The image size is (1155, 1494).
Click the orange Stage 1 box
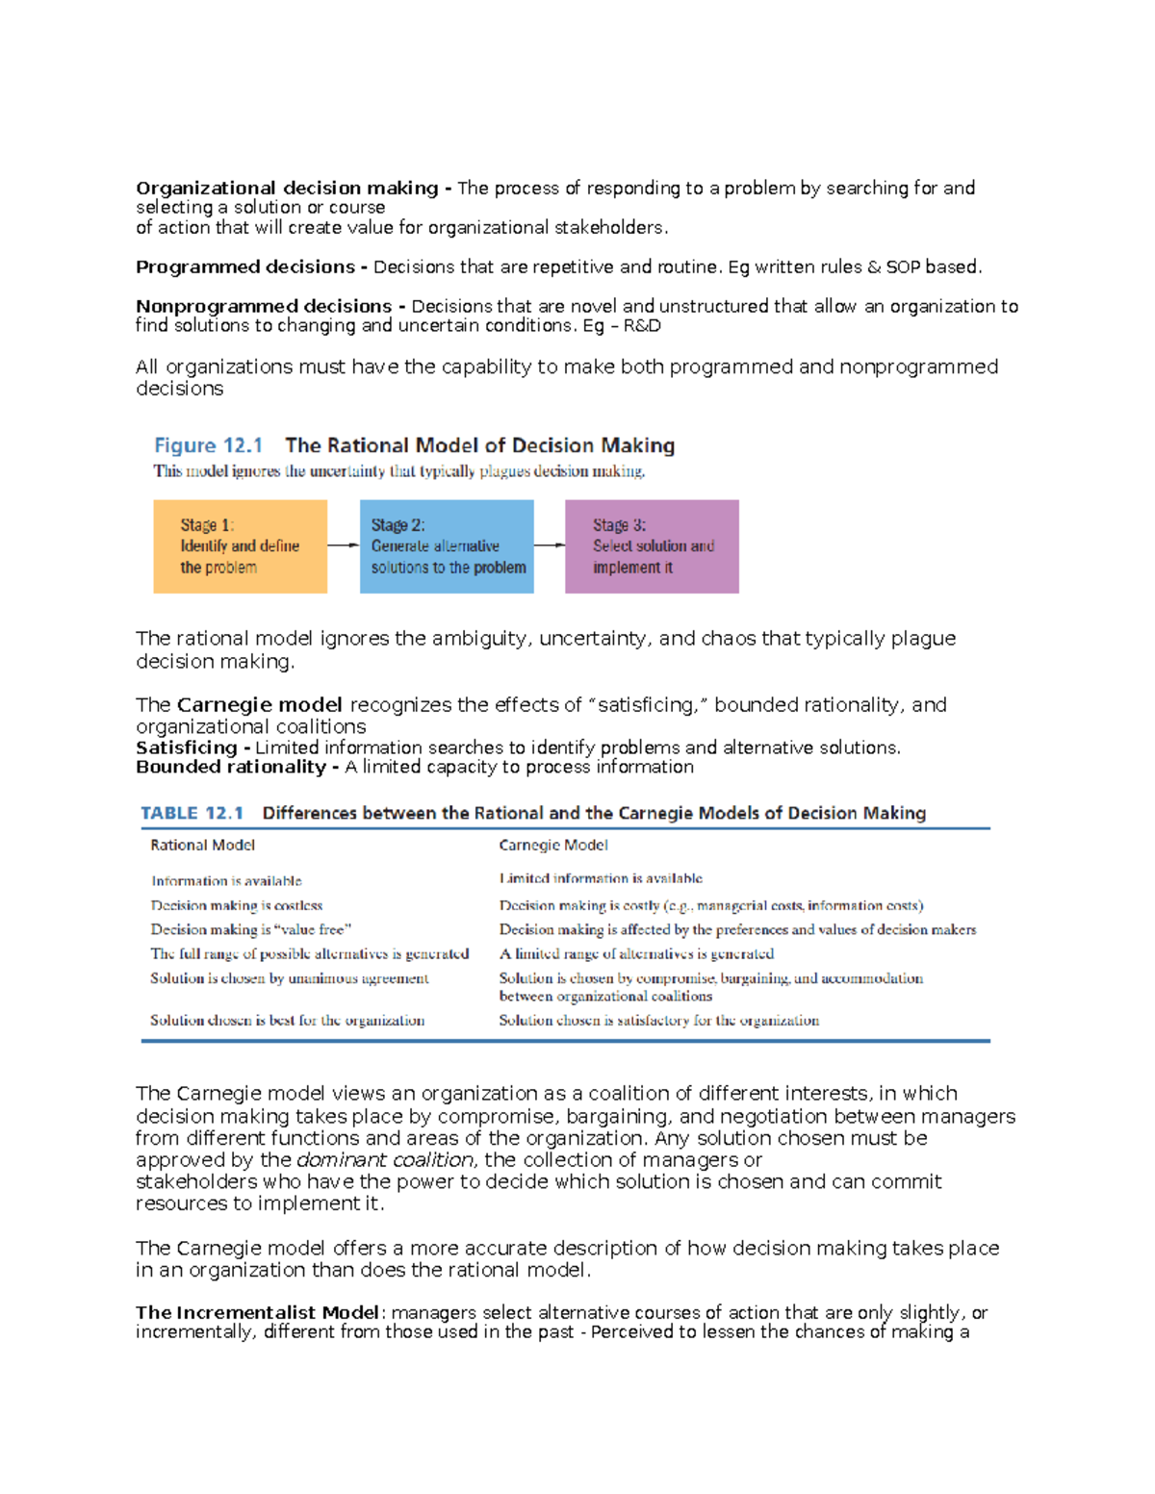click(x=240, y=546)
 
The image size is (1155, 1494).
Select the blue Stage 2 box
click(x=447, y=546)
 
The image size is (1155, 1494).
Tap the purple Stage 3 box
click(x=652, y=546)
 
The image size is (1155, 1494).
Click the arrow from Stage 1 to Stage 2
click(x=344, y=545)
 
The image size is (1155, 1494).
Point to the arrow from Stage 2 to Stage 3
click(x=550, y=545)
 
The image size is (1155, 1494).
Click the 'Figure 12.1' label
click(x=208, y=445)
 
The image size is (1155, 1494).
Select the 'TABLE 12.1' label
click(x=192, y=813)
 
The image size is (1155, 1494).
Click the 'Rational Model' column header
click(x=202, y=846)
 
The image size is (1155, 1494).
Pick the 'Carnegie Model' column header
click(x=553, y=846)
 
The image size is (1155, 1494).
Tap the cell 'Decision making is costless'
click(x=236, y=905)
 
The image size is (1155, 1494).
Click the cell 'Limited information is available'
click(x=601, y=878)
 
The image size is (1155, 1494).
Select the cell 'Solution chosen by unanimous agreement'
click(x=289, y=978)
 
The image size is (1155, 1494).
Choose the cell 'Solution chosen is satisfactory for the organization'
click(x=658, y=1021)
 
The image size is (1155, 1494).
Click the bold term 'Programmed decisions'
click(x=245, y=267)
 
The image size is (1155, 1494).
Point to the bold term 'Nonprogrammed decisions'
click(x=264, y=307)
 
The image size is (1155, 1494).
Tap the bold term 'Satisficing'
click(x=187, y=748)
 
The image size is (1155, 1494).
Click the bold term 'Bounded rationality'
click(x=231, y=768)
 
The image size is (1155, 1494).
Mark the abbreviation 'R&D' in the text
click(x=642, y=326)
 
